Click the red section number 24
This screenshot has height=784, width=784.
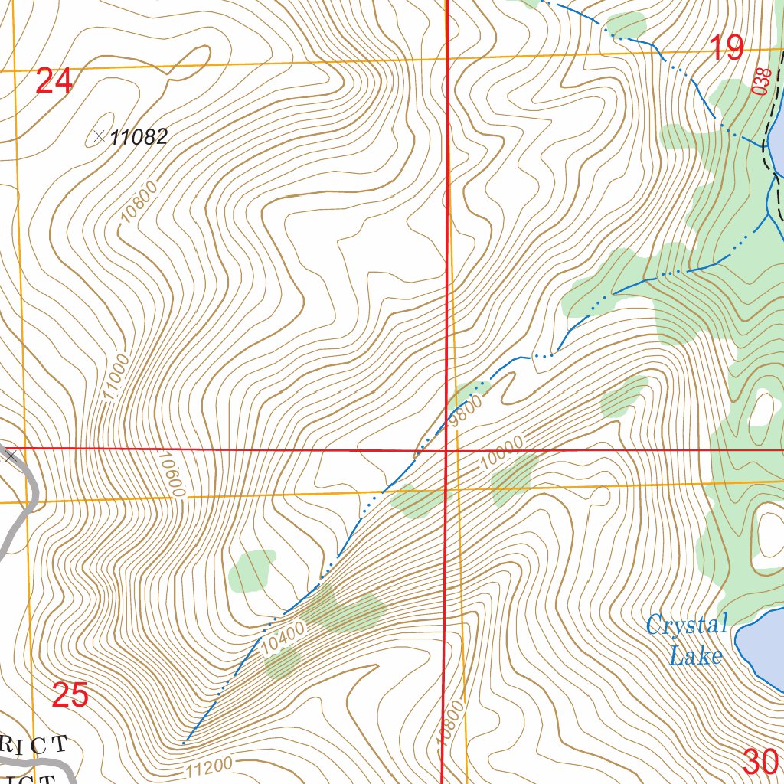(x=54, y=80)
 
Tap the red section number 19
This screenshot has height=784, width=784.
(x=726, y=48)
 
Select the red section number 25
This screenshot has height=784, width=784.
(x=70, y=695)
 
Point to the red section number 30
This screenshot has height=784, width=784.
(x=760, y=761)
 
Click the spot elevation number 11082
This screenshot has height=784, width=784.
(x=138, y=138)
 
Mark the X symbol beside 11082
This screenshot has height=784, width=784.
(x=99, y=137)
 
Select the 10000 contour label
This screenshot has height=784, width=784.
(x=503, y=452)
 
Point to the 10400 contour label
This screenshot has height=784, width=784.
(x=283, y=637)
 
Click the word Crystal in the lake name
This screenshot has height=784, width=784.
(x=686, y=625)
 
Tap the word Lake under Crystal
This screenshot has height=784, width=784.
(x=695, y=655)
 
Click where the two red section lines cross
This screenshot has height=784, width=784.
(x=446, y=450)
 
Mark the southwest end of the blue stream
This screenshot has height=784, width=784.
(x=185, y=743)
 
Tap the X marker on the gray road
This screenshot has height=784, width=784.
(x=10, y=456)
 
